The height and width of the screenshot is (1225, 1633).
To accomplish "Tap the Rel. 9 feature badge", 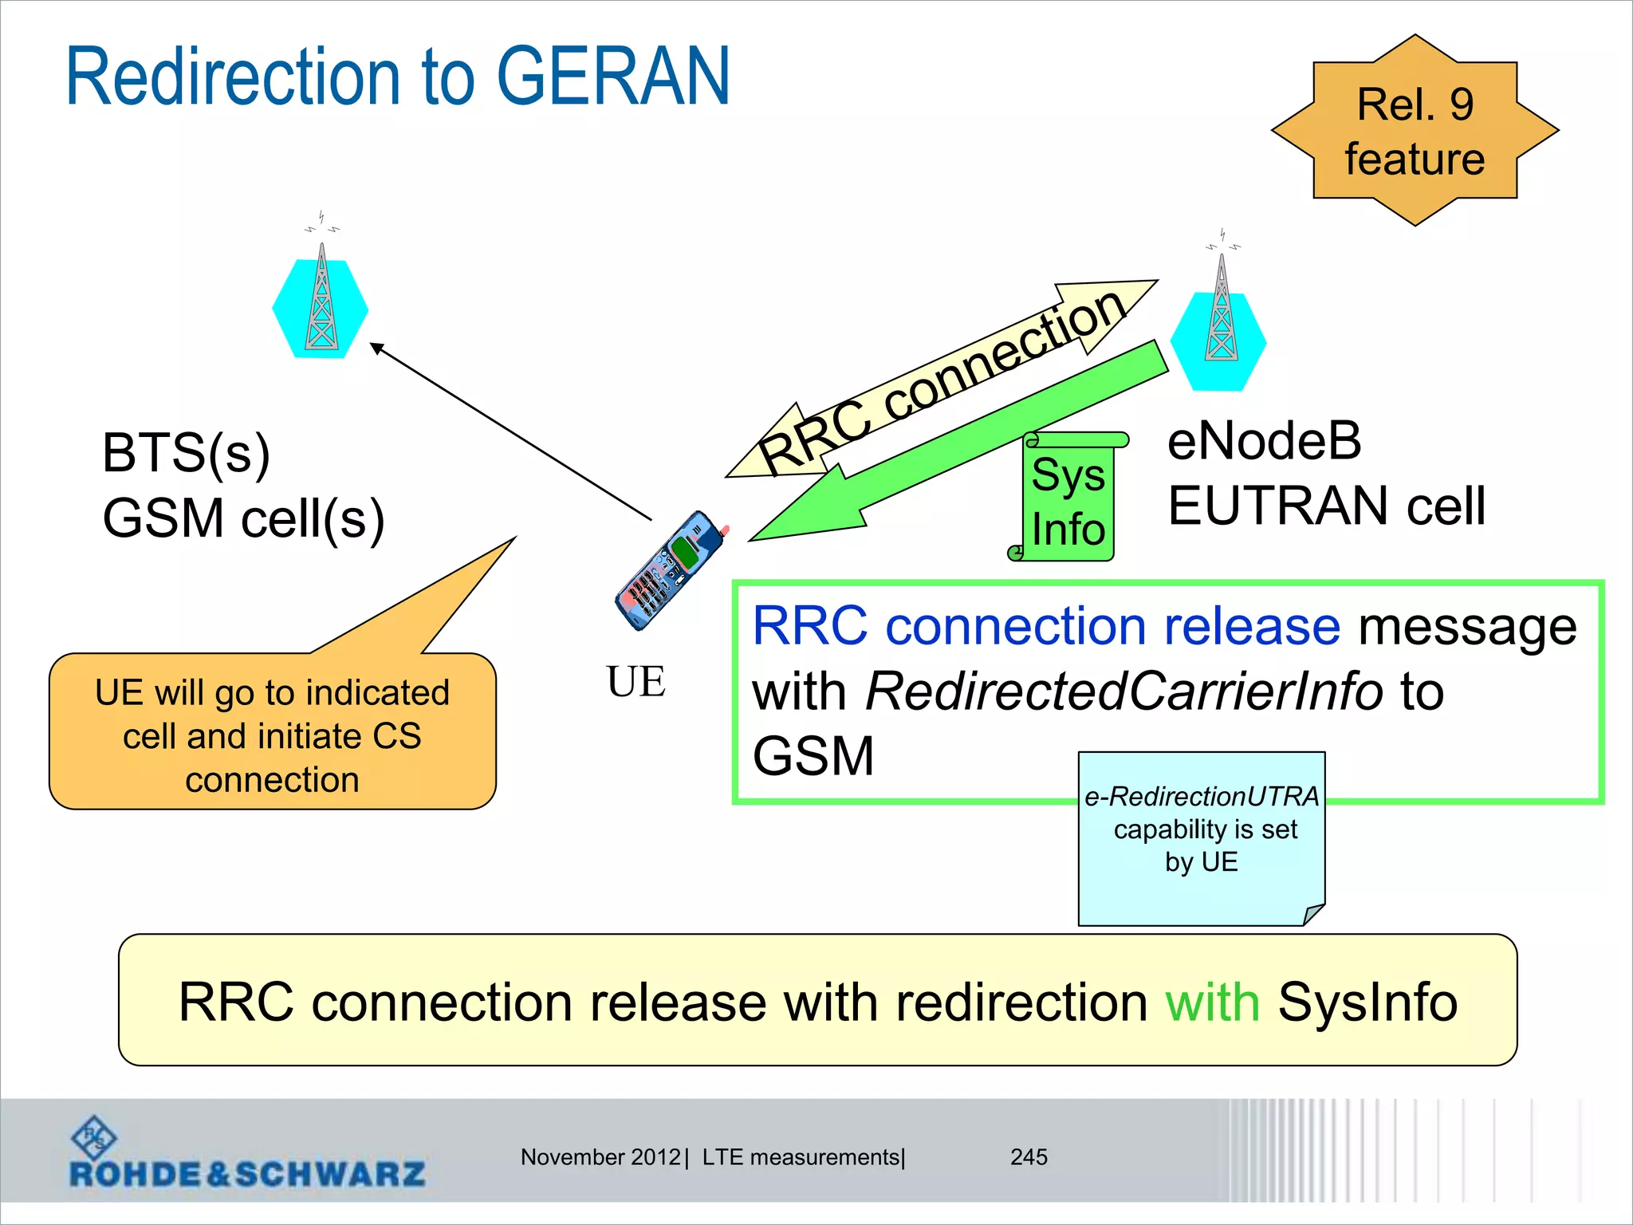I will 1415,131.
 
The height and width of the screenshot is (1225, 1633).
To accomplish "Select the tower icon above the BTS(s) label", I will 321,303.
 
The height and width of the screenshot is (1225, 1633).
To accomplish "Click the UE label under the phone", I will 635,682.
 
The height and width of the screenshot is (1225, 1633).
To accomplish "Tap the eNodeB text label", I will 1265,441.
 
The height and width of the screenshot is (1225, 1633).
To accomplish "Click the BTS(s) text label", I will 186,453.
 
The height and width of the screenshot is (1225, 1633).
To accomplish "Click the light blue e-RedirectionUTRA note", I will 1201,837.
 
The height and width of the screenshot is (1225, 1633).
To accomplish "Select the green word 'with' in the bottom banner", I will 1212,1002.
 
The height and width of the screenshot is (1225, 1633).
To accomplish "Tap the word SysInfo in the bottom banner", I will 1367,1002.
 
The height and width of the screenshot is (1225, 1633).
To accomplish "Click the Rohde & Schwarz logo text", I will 247,1174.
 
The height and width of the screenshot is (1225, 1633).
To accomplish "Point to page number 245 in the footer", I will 1029,1157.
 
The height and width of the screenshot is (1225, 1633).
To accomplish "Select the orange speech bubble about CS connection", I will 273,732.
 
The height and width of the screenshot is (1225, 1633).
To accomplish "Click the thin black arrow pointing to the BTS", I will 510,431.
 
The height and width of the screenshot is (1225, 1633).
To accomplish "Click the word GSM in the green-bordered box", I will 813,756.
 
